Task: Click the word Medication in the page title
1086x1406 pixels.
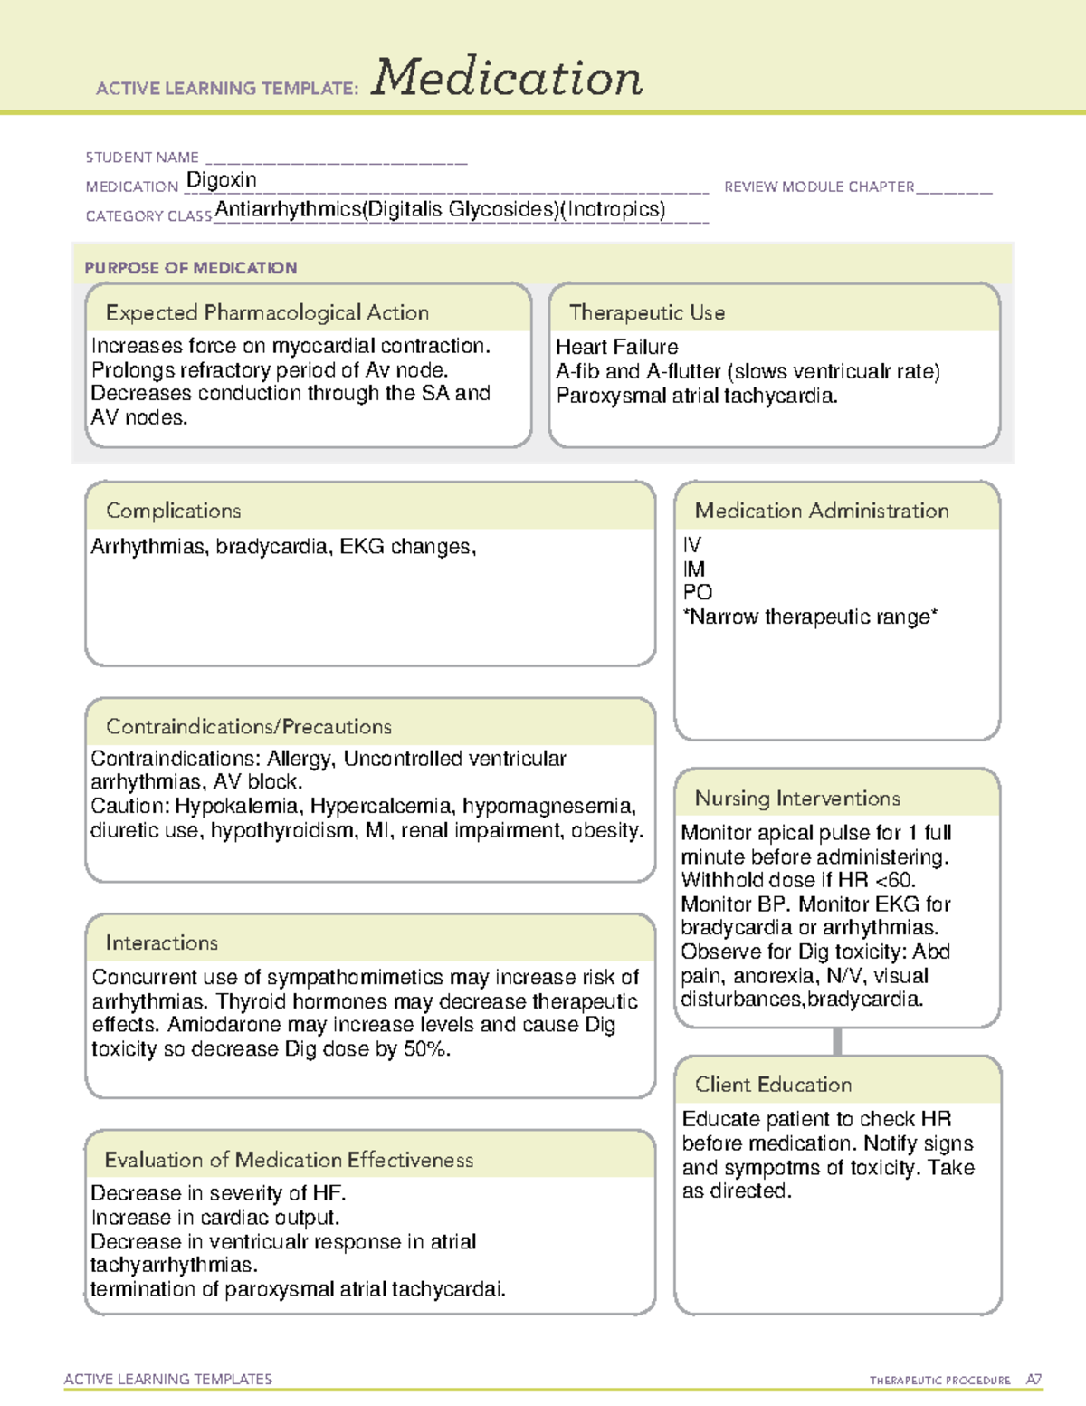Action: (x=507, y=78)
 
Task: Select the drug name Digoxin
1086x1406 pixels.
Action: (x=222, y=180)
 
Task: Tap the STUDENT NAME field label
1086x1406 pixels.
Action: (x=142, y=158)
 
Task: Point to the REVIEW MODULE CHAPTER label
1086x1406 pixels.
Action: (x=819, y=187)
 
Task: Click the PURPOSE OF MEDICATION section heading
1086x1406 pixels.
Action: (x=191, y=268)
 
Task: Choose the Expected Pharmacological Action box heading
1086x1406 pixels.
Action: (x=267, y=312)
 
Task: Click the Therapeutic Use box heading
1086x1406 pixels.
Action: (x=647, y=312)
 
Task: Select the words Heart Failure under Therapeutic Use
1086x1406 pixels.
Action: (x=617, y=347)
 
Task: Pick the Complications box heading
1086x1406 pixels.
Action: (x=174, y=511)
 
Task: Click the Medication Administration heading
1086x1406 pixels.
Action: (x=822, y=511)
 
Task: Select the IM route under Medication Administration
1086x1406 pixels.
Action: (x=694, y=569)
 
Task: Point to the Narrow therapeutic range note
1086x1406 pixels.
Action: (x=811, y=617)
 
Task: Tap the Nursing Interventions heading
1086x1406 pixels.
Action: (x=797, y=799)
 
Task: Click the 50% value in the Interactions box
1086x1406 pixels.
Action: (x=425, y=1049)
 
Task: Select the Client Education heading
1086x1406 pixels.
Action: (x=773, y=1085)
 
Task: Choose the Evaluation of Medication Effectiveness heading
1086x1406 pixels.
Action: (x=289, y=1160)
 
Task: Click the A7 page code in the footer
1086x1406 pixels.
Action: (x=1034, y=1380)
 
